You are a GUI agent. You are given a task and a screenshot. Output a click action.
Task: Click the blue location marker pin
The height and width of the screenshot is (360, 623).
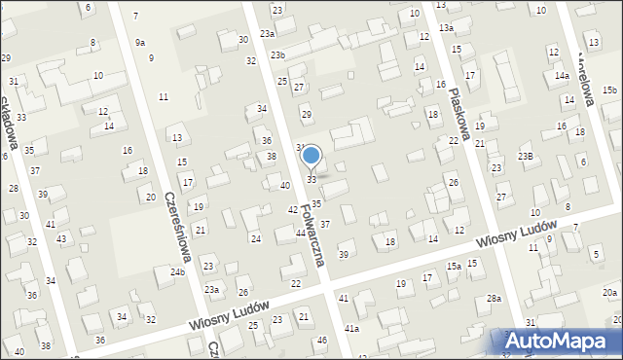click(x=311, y=156)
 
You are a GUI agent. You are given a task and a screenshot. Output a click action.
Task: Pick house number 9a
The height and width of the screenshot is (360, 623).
click(x=140, y=42)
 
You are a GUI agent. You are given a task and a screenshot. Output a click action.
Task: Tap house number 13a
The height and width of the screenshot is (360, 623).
click(x=446, y=28)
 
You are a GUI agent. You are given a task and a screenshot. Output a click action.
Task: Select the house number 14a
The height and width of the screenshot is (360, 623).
click(x=562, y=75)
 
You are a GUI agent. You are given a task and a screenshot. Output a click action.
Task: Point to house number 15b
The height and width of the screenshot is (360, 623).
click(x=609, y=90)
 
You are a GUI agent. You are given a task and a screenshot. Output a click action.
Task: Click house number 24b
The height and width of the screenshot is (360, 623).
click(x=177, y=271)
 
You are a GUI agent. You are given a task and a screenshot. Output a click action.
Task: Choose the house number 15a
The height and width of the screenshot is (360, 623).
click(x=454, y=266)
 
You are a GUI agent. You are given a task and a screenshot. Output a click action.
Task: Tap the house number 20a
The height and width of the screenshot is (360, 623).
click(x=609, y=292)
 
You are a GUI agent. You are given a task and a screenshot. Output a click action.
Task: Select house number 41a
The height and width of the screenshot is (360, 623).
click(x=351, y=329)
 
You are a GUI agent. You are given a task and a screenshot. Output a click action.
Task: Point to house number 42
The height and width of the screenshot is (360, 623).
click(x=292, y=209)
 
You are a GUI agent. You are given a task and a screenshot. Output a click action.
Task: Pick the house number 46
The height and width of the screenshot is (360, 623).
click(x=321, y=340)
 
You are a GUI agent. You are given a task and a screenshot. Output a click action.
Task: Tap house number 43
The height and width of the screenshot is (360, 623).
click(x=61, y=238)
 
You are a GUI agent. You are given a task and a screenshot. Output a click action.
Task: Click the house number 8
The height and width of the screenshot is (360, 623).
click(x=92, y=42)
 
